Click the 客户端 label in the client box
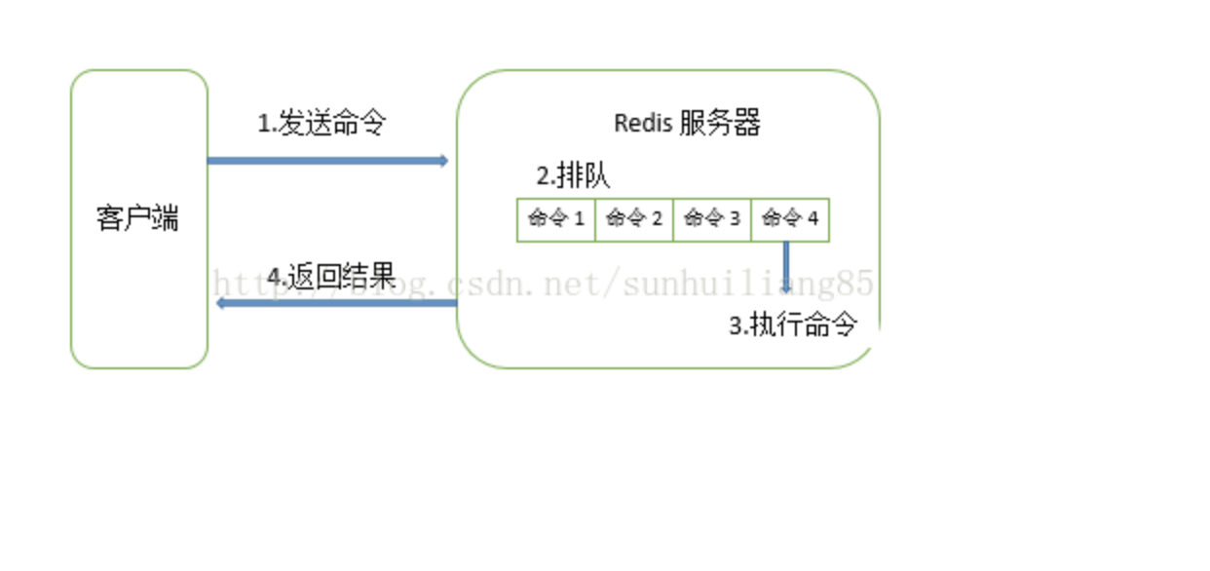tap(137, 218)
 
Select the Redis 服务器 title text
tap(687, 124)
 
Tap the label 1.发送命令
tap(321, 124)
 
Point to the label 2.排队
tap(573, 176)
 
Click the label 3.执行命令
tap(793, 325)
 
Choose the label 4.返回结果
tap(331, 277)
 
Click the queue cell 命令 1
tap(556, 219)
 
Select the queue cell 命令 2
tap(634, 219)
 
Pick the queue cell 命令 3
tap(712, 219)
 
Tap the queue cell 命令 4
tap(790, 219)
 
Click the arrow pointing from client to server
tap(326, 161)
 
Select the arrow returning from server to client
tap(336, 303)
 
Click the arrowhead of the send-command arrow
tap(443, 161)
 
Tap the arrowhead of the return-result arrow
tap(221, 303)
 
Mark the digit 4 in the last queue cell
tap(813, 219)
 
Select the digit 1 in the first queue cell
tap(580, 219)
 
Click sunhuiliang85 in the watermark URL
tap(747, 285)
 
